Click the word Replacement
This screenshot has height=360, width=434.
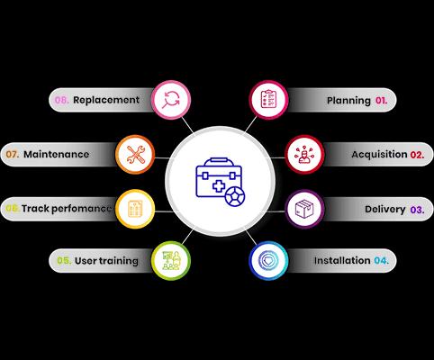tap(106, 100)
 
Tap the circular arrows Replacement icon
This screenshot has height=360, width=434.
tap(171, 100)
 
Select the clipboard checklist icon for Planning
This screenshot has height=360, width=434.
tap(268, 99)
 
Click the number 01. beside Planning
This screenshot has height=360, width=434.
tap(381, 100)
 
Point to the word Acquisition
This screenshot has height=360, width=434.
tap(379, 155)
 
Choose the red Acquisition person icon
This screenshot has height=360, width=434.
tap(304, 155)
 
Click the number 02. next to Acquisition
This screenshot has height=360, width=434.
tap(417, 155)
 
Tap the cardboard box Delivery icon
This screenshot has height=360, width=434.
tap(304, 209)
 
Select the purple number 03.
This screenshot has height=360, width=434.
tap(417, 210)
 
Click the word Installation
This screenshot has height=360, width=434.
tap(342, 260)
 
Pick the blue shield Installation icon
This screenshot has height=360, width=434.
tap(268, 260)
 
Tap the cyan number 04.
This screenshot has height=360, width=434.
tap(381, 260)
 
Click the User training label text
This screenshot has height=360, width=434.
tap(106, 261)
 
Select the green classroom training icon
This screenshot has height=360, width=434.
tap(171, 260)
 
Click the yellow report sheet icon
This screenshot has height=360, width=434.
tap(135, 209)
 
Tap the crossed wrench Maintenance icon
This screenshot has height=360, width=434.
tap(135, 155)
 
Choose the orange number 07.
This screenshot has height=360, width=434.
tap(13, 154)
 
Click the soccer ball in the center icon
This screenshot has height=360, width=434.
tap(235, 197)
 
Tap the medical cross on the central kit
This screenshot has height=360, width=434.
tap(219, 186)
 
